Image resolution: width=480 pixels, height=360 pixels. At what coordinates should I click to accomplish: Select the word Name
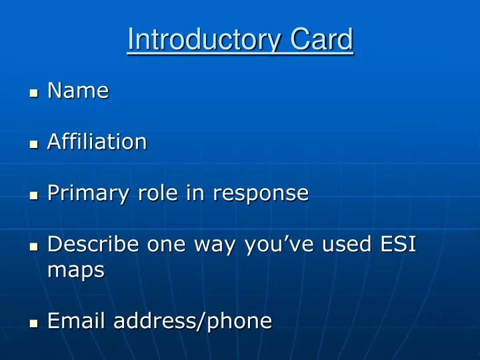coord(78,91)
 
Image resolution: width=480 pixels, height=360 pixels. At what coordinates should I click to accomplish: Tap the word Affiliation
coord(97,141)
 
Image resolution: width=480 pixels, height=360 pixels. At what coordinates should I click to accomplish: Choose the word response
coord(261,193)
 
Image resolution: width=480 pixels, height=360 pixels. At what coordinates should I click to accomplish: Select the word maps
coord(76,271)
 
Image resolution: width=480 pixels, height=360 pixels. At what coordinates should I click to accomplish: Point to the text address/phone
coord(193,321)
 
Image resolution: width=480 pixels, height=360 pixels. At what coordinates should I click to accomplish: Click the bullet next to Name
coord(34,93)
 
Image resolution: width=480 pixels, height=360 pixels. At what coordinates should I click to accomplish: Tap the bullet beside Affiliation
coord(34,143)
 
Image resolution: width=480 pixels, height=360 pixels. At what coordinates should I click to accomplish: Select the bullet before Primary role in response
coord(34,195)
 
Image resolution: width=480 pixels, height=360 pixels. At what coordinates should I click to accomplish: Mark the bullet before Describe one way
coord(34,247)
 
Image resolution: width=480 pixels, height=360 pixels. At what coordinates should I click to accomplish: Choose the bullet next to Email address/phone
coord(34,323)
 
